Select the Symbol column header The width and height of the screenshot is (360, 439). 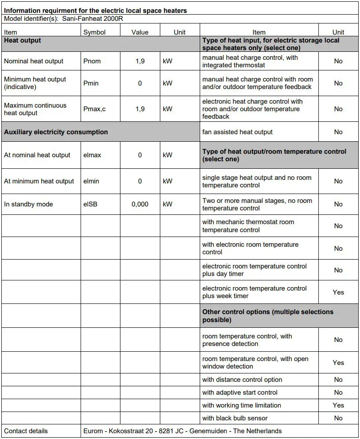click(x=94, y=32)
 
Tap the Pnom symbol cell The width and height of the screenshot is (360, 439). click(x=92, y=61)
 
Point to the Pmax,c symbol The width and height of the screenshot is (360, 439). click(x=94, y=109)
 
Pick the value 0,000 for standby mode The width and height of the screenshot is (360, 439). click(x=140, y=204)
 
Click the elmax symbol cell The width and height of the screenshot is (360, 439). click(x=92, y=155)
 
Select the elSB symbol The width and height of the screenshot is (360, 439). click(x=90, y=204)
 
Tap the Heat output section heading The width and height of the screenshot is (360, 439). click(x=23, y=40)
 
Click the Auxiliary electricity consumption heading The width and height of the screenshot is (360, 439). click(x=56, y=132)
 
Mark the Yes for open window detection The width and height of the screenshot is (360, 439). click(x=338, y=362)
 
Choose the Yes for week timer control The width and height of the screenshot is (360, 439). click(x=338, y=292)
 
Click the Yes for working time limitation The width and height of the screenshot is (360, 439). click(x=338, y=405)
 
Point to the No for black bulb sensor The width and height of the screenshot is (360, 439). click(x=338, y=418)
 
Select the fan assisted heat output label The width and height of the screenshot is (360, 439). click(x=237, y=132)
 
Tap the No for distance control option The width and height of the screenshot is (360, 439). click(x=338, y=380)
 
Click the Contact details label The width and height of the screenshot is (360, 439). click(x=26, y=431)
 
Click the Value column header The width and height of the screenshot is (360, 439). click(x=140, y=32)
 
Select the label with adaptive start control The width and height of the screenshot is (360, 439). click(x=240, y=392)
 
